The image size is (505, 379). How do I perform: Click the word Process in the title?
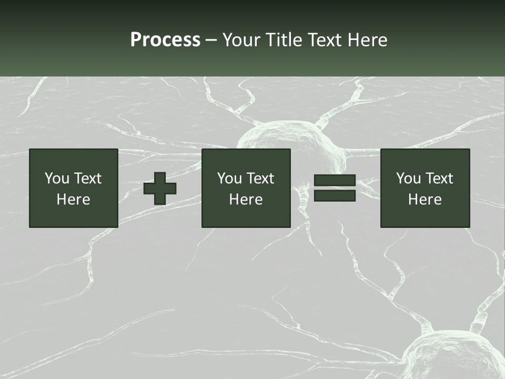(x=165, y=40)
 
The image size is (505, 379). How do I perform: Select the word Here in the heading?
(x=367, y=40)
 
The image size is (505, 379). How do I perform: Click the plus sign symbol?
(x=160, y=188)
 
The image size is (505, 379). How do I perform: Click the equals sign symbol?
(x=335, y=188)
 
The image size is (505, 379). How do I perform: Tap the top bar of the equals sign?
(x=335, y=181)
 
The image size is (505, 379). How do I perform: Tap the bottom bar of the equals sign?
(x=335, y=196)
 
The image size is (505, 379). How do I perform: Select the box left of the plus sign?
(x=74, y=188)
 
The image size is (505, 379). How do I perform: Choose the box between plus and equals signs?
(x=246, y=188)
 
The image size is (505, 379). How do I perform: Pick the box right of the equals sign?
(x=425, y=188)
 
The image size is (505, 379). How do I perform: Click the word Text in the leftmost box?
(x=87, y=178)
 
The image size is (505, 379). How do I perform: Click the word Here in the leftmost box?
(x=74, y=200)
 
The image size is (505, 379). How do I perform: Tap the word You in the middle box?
(x=229, y=178)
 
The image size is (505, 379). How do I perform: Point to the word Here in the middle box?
(x=246, y=200)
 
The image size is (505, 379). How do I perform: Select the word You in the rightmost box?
(x=408, y=178)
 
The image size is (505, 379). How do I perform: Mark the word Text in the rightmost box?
(x=439, y=178)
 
